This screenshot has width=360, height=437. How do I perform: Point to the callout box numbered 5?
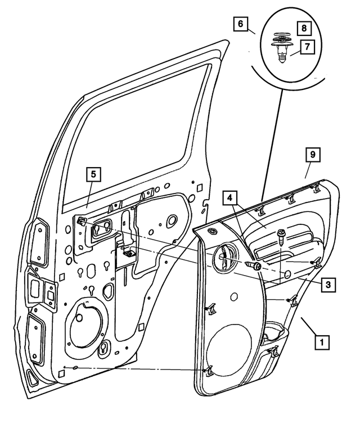coord(93,174)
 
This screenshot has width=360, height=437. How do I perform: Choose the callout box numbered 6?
coord(240,24)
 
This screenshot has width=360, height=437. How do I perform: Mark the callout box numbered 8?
coord(304,27)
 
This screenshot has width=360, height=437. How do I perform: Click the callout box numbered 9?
coord(312,154)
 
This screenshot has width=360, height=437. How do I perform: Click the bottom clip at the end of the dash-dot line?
coord(209,370)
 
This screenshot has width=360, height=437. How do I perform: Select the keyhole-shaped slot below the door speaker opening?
coord(105,349)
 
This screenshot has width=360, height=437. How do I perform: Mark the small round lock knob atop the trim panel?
coord(212,232)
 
